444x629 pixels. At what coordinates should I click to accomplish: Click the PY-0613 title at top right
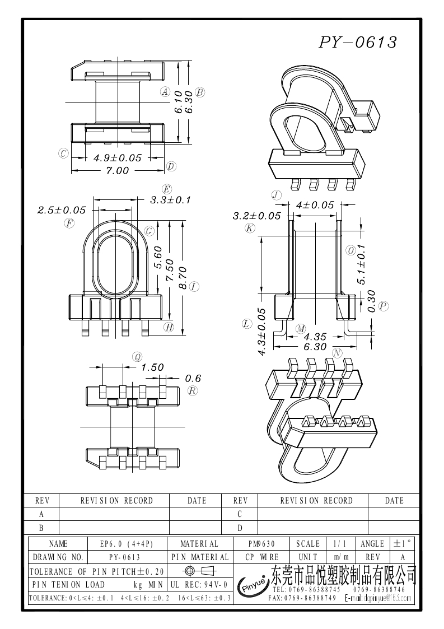point(358,42)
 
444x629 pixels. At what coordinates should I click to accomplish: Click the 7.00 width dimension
point(117,170)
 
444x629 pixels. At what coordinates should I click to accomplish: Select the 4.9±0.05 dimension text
point(118,157)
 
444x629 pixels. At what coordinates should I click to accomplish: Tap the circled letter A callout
point(165,91)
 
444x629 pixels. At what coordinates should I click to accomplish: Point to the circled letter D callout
point(171,166)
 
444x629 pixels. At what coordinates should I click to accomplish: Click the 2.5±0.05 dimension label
point(62,210)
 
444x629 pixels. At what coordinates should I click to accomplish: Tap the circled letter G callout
point(149,231)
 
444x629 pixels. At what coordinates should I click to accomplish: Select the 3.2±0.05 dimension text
point(256,216)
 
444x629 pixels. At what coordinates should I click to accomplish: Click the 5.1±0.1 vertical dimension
point(361,264)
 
